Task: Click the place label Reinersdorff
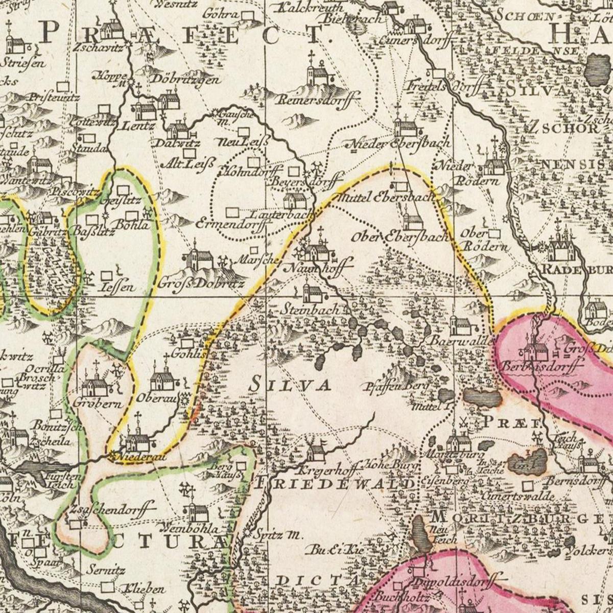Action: coord(319,99)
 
